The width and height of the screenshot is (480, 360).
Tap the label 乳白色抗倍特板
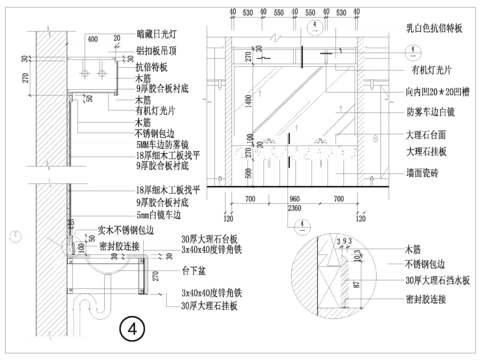point(435,29)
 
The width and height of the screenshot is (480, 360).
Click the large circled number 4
point(132,327)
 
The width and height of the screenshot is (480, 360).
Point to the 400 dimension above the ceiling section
point(92,39)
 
